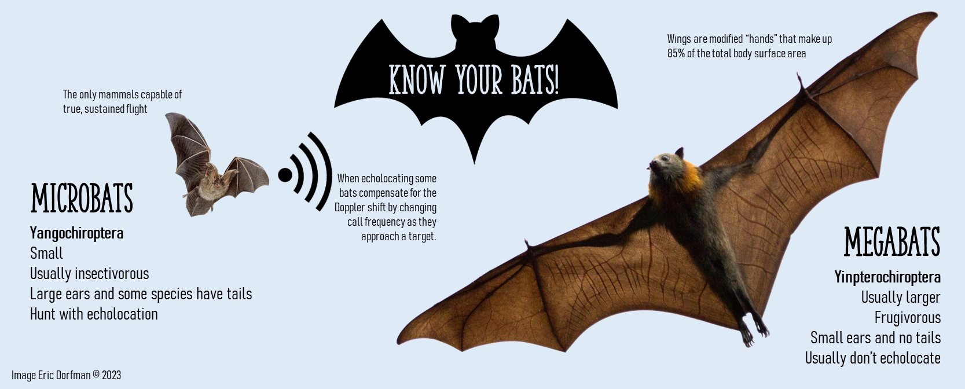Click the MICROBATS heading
click(x=82, y=198)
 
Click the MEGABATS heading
click(x=892, y=242)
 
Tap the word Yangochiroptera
click(x=76, y=233)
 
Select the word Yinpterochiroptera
click(x=887, y=277)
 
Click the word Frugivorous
click(x=907, y=318)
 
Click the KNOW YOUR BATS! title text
click(x=474, y=80)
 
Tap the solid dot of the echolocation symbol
click(x=285, y=175)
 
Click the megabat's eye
click(x=663, y=158)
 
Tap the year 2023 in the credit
click(x=112, y=375)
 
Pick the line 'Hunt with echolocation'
click(x=94, y=314)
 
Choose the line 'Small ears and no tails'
click(x=875, y=338)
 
